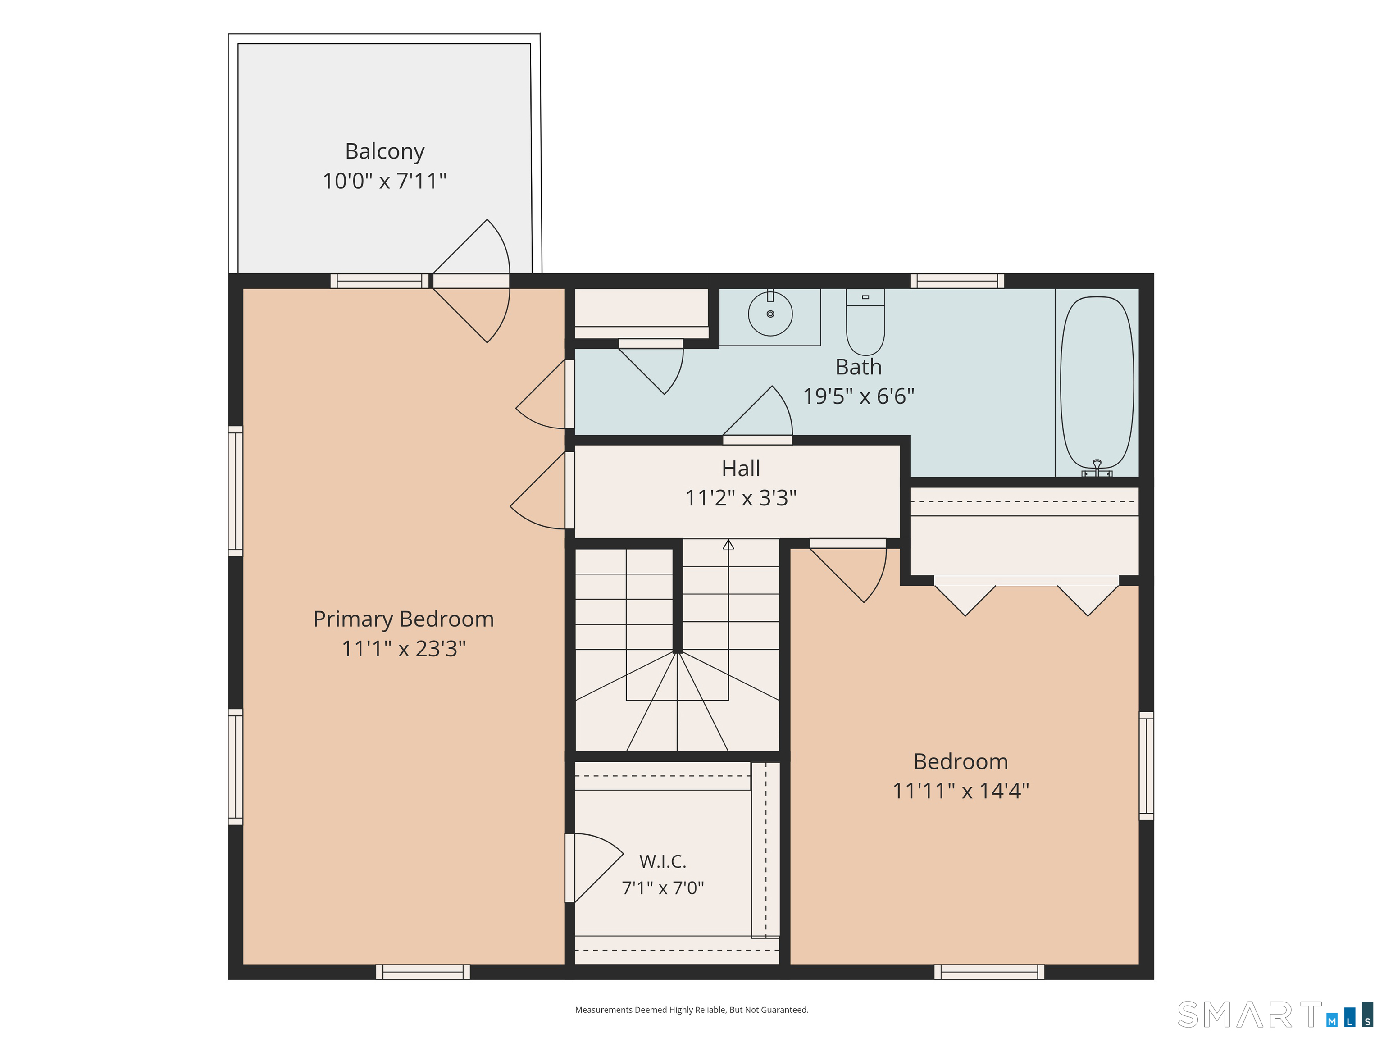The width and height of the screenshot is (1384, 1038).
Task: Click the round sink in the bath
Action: coord(770,314)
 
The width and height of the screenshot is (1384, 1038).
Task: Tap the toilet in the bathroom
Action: coord(865,322)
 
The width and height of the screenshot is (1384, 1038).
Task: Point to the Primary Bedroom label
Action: coord(404,619)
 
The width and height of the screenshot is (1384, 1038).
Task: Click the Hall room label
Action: coord(741,468)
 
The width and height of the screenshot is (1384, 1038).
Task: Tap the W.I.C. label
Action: coord(663,861)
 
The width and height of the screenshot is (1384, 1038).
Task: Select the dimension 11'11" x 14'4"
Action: coord(961,791)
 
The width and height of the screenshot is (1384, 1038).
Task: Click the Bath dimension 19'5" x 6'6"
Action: coord(858,396)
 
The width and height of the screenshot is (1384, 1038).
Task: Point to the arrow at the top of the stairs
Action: coord(728,544)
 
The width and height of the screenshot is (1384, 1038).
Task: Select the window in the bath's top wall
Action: coord(957,281)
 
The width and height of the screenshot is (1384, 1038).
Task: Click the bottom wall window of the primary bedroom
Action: coord(423,972)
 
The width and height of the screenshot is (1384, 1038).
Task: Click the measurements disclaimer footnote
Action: coord(692,1009)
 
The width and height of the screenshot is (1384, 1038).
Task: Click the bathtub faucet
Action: coord(1097,469)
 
